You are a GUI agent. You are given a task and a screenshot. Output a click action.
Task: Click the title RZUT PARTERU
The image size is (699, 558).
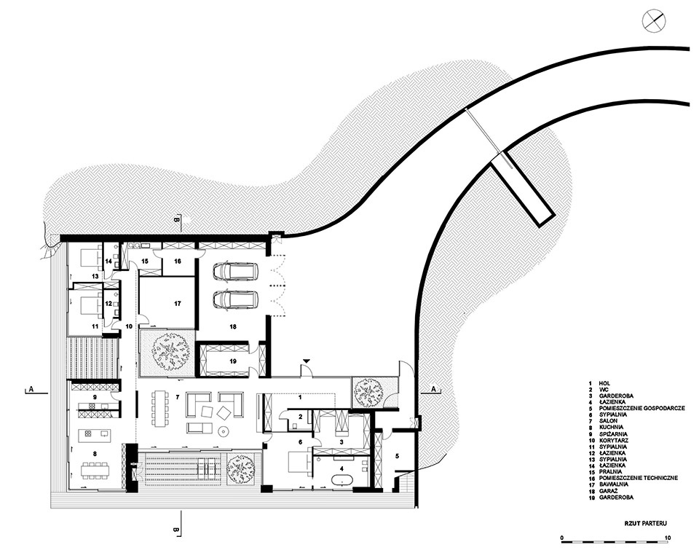click(646, 524)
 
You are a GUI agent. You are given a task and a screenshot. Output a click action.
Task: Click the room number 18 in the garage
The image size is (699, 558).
click(232, 327)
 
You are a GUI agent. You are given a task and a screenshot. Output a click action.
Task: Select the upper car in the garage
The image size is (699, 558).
click(235, 271)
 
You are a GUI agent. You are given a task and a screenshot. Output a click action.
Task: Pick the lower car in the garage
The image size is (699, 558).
click(235, 299)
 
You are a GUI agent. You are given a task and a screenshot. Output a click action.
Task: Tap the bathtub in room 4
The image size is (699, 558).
click(342, 482)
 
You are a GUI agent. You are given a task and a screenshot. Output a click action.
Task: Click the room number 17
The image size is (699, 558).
click(178, 304)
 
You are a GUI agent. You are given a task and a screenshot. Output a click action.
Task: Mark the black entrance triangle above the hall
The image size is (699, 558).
click(307, 360)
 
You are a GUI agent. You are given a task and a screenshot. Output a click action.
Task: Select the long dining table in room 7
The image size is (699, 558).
click(159, 409)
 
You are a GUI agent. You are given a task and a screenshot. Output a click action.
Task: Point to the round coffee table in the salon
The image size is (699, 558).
click(224, 431)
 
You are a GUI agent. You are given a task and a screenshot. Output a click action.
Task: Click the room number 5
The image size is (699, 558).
click(398, 456)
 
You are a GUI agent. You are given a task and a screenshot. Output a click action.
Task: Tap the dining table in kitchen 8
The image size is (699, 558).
click(95, 470)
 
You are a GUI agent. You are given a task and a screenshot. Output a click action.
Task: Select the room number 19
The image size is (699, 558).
click(232, 361)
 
